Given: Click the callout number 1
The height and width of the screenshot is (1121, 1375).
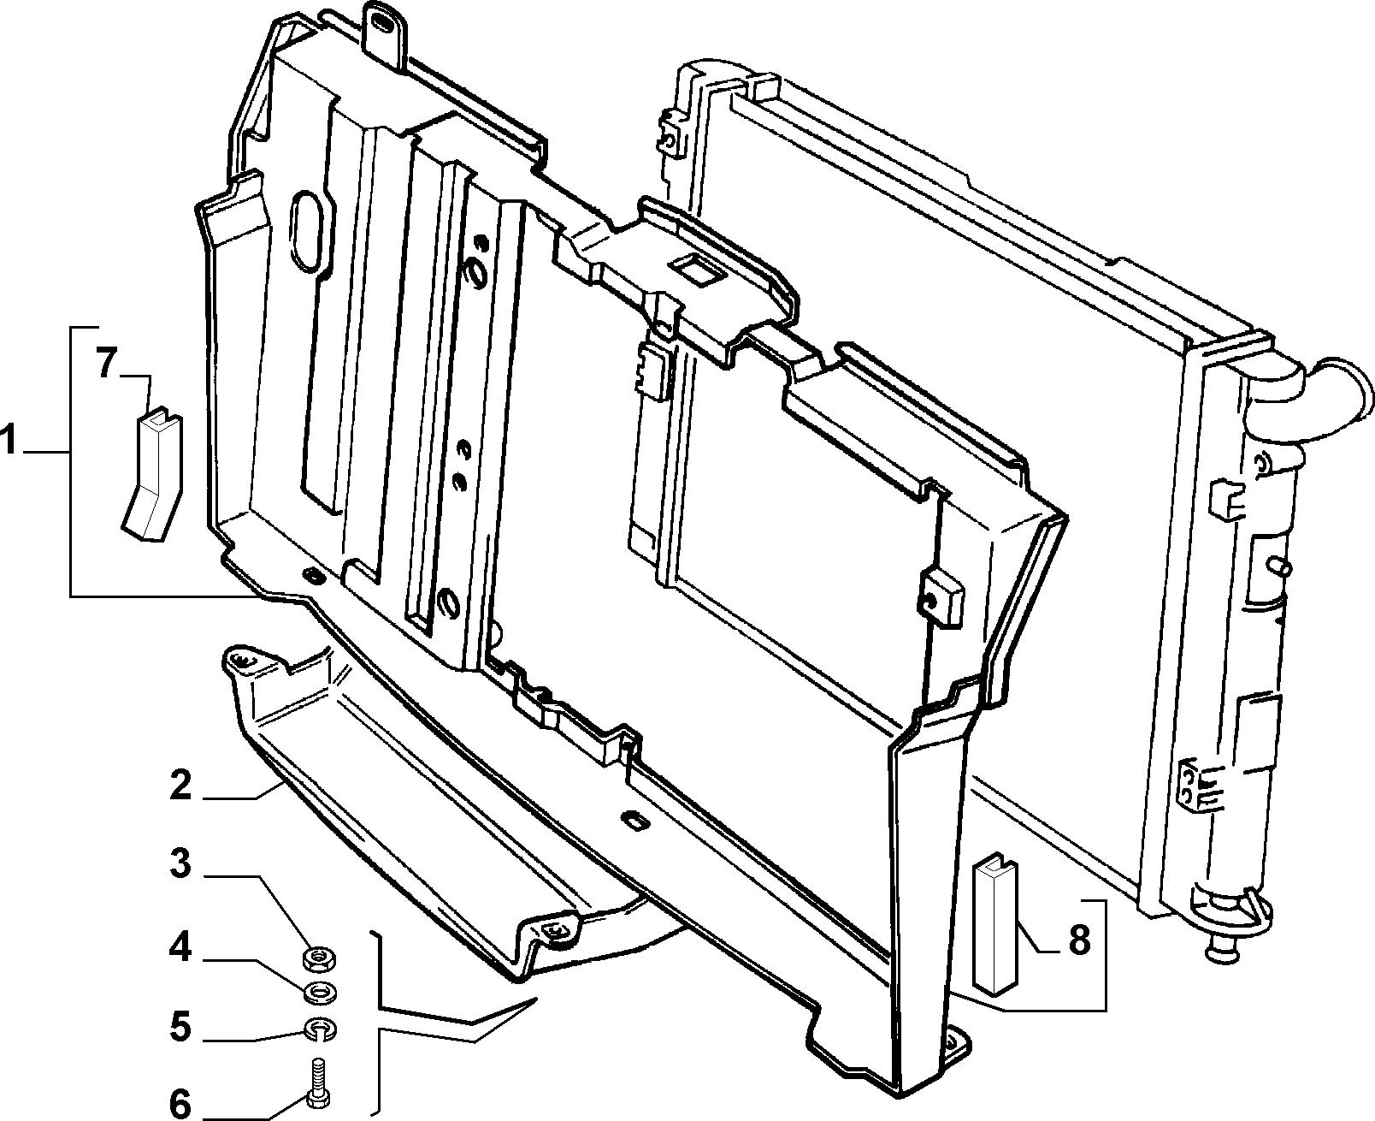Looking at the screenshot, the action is click(9, 440).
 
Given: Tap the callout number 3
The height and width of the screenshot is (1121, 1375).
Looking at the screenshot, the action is click(180, 863).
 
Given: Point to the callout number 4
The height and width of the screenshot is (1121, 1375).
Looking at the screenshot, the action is click(180, 948).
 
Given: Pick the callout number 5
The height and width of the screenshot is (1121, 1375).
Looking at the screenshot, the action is click(180, 1027).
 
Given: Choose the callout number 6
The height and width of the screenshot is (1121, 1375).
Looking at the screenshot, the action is click(180, 1104).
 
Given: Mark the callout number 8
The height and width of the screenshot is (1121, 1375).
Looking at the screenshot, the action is click(1078, 940).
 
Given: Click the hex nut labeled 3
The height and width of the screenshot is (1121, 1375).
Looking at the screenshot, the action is click(318, 957).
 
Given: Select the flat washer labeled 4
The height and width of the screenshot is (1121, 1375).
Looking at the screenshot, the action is click(319, 993).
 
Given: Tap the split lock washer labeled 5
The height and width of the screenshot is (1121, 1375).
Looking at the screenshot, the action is click(318, 1030).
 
